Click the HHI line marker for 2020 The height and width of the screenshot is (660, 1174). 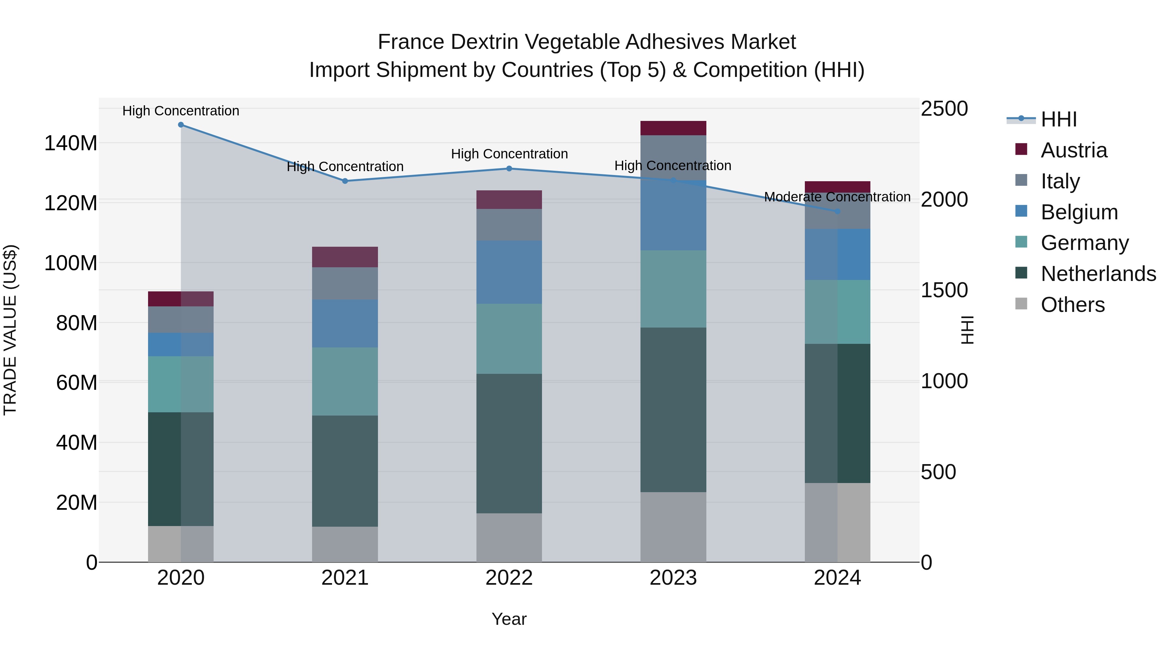click(181, 125)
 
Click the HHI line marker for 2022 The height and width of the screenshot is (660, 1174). click(509, 169)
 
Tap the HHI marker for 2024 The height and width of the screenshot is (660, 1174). click(837, 211)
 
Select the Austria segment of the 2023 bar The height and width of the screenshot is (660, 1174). click(673, 128)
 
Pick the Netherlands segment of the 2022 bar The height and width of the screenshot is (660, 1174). click(509, 443)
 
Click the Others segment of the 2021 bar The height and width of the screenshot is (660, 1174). click(345, 544)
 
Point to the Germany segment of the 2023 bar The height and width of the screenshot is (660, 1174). click(673, 289)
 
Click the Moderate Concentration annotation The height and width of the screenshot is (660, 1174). click(837, 197)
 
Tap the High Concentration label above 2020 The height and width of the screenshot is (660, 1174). click(181, 111)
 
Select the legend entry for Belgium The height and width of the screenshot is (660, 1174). click(1079, 212)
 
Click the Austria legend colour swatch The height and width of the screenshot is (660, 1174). click(1021, 149)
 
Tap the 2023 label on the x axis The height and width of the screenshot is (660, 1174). click(673, 578)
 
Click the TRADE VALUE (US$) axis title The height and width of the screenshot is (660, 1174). click(10, 330)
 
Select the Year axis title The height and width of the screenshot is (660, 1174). click(509, 619)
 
